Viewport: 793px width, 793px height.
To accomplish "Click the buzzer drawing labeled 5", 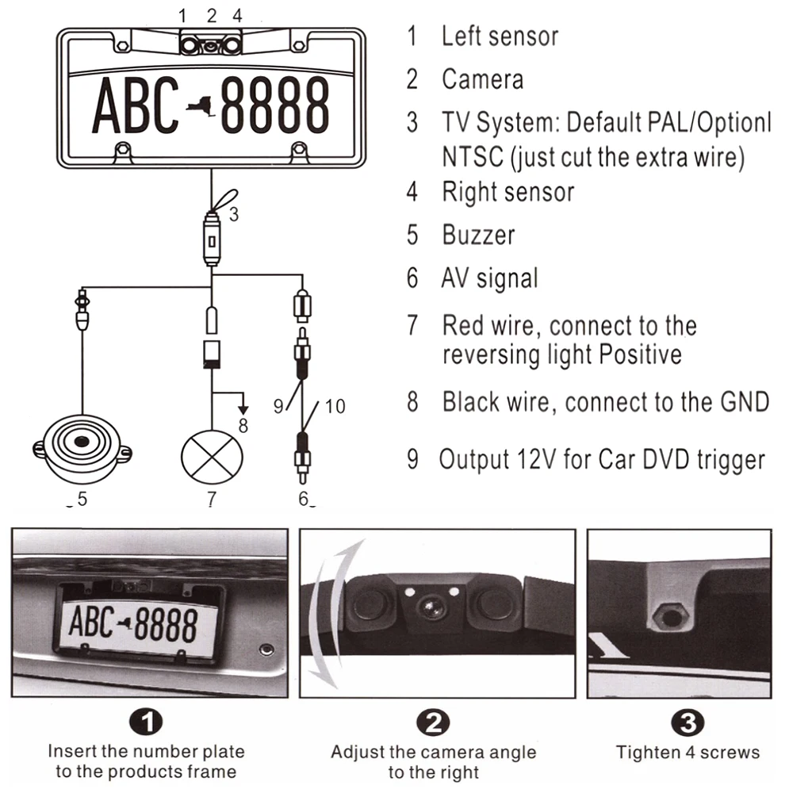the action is tap(82, 447).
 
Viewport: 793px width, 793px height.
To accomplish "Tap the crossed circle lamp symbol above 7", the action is tap(212, 457).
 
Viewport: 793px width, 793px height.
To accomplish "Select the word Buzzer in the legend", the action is tap(478, 236).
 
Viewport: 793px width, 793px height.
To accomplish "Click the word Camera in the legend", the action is tap(482, 79).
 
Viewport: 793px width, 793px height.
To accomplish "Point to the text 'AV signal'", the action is tap(489, 278).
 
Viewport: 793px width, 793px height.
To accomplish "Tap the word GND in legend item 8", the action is tap(745, 402).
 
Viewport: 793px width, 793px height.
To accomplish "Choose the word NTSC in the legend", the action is tap(473, 156).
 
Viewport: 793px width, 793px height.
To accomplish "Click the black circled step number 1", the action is tap(146, 722).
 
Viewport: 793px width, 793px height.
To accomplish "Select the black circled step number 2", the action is tap(434, 722).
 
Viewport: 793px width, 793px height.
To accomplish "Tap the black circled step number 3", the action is tap(688, 722).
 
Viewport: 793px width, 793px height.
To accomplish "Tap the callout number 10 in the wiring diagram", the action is tap(335, 406).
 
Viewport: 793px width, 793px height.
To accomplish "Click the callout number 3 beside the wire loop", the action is tap(234, 214).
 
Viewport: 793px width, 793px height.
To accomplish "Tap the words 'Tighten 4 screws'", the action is tap(688, 753).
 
